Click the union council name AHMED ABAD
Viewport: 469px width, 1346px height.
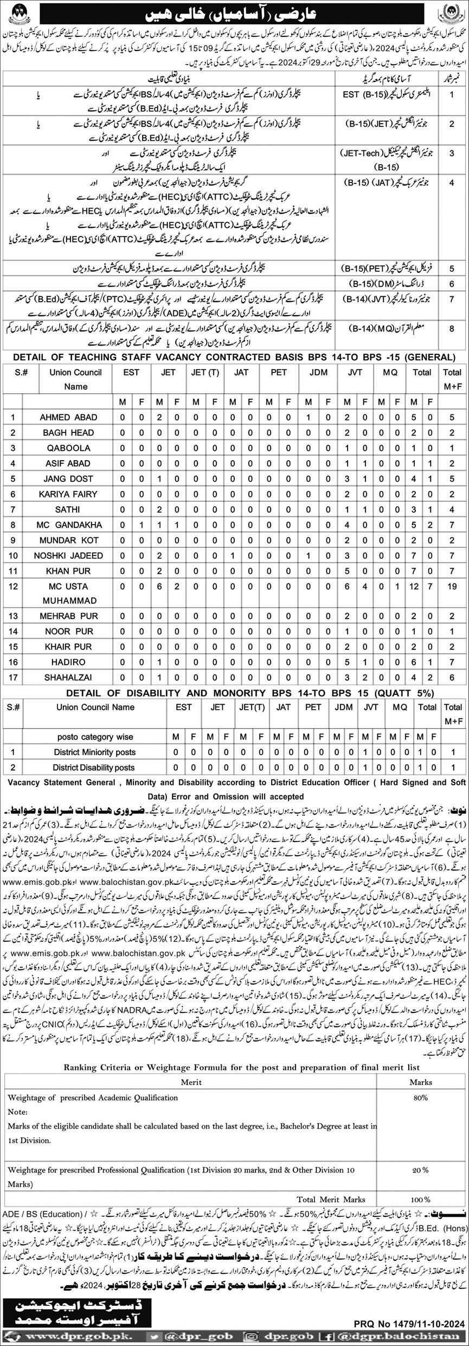pyautogui.click(x=68, y=417)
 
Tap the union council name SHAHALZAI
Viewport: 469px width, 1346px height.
pyautogui.click(x=68, y=678)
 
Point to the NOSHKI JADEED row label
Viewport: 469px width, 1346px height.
pyautogui.click(x=68, y=556)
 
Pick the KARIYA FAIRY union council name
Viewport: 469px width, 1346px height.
pyautogui.click(x=68, y=494)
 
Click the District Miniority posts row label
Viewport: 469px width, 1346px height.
pyautogui.click(x=95, y=752)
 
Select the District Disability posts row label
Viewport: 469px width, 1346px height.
pyautogui.click(x=95, y=767)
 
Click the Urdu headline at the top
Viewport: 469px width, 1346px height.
pyautogui.click(x=234, y=9)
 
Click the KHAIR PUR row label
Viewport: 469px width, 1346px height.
pyautogui.click(x=68, y=647)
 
